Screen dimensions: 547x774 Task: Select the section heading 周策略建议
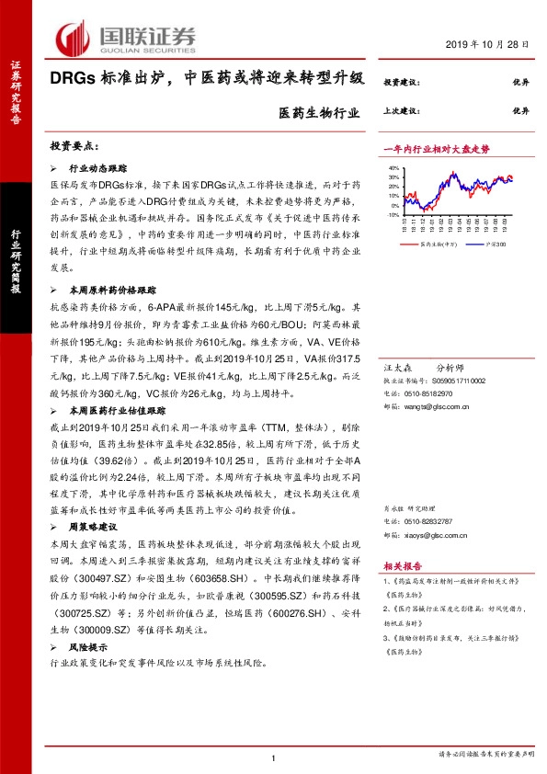point(93,529)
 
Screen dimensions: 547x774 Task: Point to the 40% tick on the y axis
point(393,169)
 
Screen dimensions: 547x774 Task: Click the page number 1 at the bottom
point(274,757)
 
